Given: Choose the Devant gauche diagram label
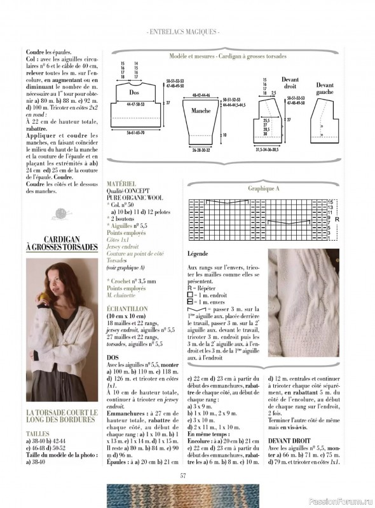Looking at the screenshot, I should coord(325,88).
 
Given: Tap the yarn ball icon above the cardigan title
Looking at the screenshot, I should coord(61,213).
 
